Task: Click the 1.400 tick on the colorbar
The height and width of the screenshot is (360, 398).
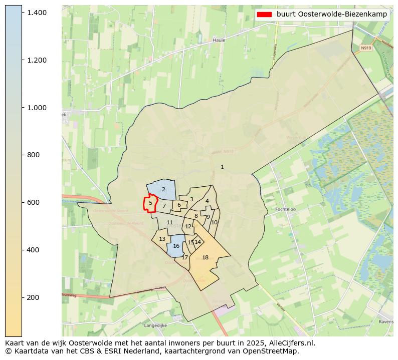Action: pyautogui.click(x=22, y=12)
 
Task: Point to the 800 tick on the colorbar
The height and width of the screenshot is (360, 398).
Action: pyautogui.click(x=22, y=155)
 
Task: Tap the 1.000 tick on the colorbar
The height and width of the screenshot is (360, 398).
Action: pyautogui.click(x=22, y=107)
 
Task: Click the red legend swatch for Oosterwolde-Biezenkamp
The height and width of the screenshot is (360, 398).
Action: pyautogui.click(x=264, y=14)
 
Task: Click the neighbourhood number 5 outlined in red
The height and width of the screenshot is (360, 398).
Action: pyautogui.click(x=150, y=203)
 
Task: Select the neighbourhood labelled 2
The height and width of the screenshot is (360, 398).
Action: pyautogui.click(x=163, y=189)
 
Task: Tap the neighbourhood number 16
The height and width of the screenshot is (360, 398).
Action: pyautogui.click(x=176, y=246)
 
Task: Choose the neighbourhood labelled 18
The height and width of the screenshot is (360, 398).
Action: pyautogui.click(x=205, y=257)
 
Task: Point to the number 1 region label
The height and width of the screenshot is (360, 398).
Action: pyautogui.click(x=222, y=167)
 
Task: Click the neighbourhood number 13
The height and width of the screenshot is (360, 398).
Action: pyautogui.click(x=162, y=239)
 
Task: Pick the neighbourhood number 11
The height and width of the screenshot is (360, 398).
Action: pyautogui.click(x=169, y=222)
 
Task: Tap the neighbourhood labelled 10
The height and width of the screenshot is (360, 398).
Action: pyautogui.click(x=214, y=222)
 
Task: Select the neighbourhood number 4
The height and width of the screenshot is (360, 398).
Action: pyautogui.click(x=207, y=201)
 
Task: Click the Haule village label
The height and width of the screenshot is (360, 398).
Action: pyautogui.click(x=219, y=40)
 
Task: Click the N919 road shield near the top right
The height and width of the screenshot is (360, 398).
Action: pyautogui.click(x=365, y=48)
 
